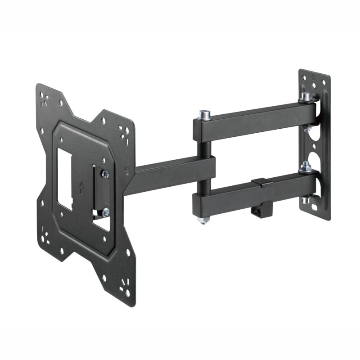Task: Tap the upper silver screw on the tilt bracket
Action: click(x=105, y=174)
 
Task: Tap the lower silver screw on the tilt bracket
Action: click(x=105, y=212)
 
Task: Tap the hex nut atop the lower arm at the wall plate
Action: click(x=306, y=167)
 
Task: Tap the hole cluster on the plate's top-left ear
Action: click(x=45, y=100)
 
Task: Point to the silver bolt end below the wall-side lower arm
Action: click(x=306, y=200)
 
